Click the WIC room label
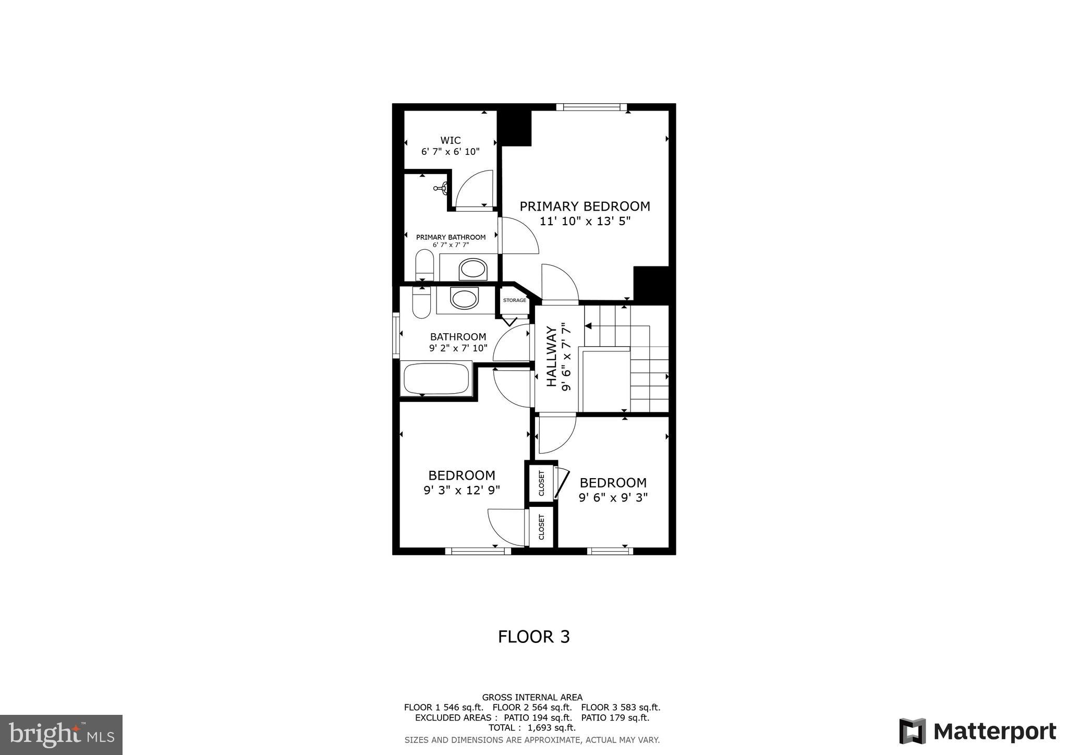click(x=450, y=140)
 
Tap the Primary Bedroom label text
click(x=585, y=206)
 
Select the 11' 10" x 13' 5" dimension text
click(x=585, y=221)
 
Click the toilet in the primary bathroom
click(x=424, y=265)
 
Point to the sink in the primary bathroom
click(x=472, y=270)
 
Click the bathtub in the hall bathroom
click(x=436, y=379)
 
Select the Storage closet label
click(x=514, y=300)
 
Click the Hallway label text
click(x=551, y=357)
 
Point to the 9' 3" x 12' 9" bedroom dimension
click(x=462, y=490)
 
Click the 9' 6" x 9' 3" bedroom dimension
click(x=613, y=497)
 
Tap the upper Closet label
click(x=541, y=483)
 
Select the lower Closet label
click(x=541, y=528)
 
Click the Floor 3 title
click(x=533, y=637)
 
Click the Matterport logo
click(x=977, y=731)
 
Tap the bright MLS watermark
click(x=61, y=735)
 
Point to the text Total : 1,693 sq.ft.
click(x=532, y=728)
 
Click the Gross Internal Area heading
click(x=532, y=697)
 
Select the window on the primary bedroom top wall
click(x=591, y=107)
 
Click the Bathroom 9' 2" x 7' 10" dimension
click(x=458, y=348)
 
